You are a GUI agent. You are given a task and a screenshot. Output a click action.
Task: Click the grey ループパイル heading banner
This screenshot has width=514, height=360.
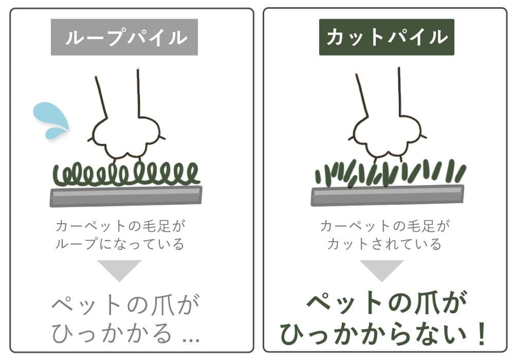[124, 37]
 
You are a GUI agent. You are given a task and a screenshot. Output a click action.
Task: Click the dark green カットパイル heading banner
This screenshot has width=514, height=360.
[387, 37]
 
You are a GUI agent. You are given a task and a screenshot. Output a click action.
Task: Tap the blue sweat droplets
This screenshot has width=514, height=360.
[51, 120]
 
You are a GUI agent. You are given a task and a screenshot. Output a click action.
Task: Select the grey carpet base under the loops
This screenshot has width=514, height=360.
[126, 196]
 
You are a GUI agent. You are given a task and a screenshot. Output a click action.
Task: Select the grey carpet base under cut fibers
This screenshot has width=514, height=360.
[387, 195]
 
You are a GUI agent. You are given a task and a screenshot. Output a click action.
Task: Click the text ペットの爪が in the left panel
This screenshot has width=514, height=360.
[126, 304]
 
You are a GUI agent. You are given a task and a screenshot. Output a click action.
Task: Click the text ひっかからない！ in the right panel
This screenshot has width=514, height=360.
[383, 333]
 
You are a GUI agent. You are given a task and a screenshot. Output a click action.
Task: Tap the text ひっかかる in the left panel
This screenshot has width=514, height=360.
[112, 333]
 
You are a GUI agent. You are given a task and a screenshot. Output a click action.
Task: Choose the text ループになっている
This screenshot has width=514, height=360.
[120, 244]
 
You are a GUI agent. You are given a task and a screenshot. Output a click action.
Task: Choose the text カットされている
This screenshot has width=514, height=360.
[384, 244]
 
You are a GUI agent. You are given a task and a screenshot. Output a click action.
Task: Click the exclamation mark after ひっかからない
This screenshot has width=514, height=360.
[482, 333]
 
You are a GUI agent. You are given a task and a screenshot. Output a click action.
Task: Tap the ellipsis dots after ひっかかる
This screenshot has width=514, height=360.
[191, 340]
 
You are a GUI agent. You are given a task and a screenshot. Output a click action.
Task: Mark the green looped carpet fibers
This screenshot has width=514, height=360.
[126, 174]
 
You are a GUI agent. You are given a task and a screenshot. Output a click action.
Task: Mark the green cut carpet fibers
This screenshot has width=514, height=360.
[390, 173]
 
